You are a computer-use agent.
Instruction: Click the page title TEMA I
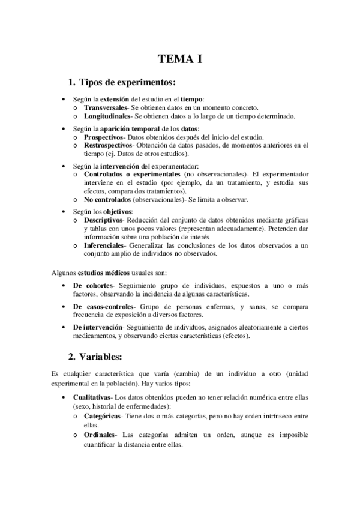(x=180, y=59)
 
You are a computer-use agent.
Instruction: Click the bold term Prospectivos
(x=105, y=137)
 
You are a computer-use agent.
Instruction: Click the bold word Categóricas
(x=103, y=415)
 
